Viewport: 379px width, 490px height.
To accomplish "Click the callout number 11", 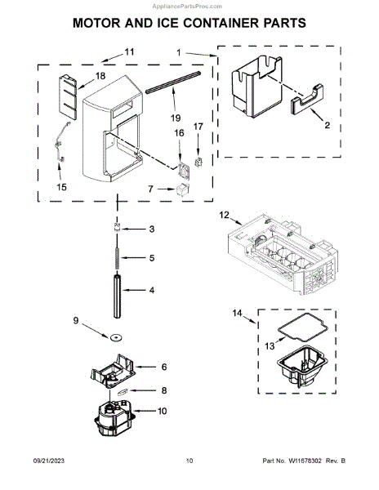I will pyautogui.click(x=128, y=52).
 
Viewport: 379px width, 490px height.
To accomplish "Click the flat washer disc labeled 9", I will pyautogui.click(x=116, y=337).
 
